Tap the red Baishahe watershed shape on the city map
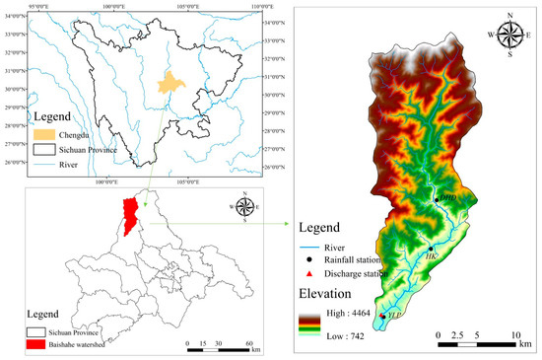pyautogui.click(x=127, y=216)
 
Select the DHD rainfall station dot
pyautogui.click(x=437, y=200)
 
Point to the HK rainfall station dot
pyautogui.click(x=430, y=248)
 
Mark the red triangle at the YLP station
pyautogui.click(x=382, y=315)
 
